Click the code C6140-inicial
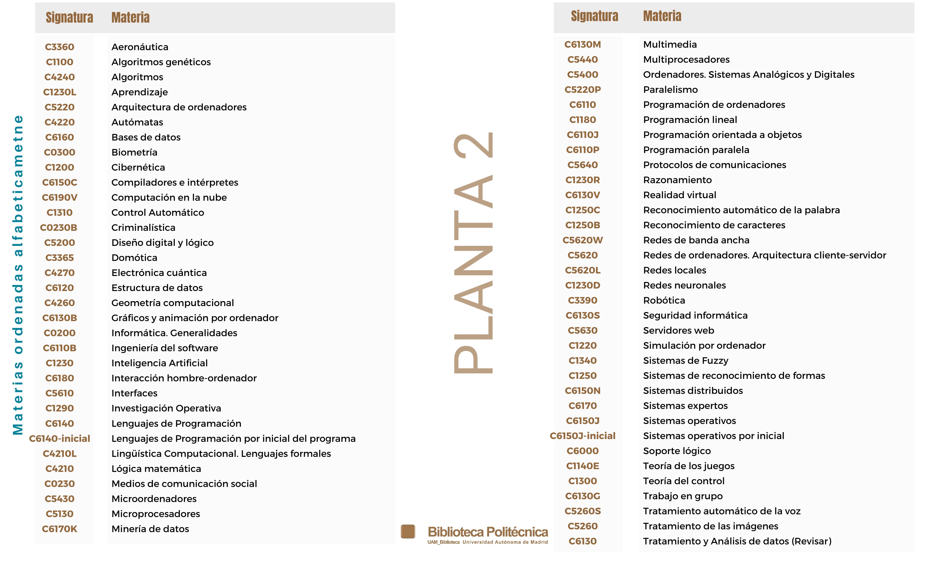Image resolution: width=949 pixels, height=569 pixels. [60, 439]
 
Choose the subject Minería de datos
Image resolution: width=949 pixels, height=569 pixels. [150, 529]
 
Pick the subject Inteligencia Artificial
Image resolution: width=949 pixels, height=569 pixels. [159, 363]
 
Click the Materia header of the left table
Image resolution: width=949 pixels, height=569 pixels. [130, 18]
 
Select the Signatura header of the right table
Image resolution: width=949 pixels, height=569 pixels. [594, 16]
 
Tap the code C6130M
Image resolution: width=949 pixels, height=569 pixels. [582, 44]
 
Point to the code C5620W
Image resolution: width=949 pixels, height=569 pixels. [582, 240]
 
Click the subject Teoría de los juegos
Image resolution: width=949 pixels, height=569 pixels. [689, 466]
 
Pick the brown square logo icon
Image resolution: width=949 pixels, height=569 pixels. [408, 532]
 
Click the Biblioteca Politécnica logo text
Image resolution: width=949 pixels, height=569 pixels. [488, 532]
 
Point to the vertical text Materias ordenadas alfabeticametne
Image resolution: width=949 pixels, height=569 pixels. [18, 275]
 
